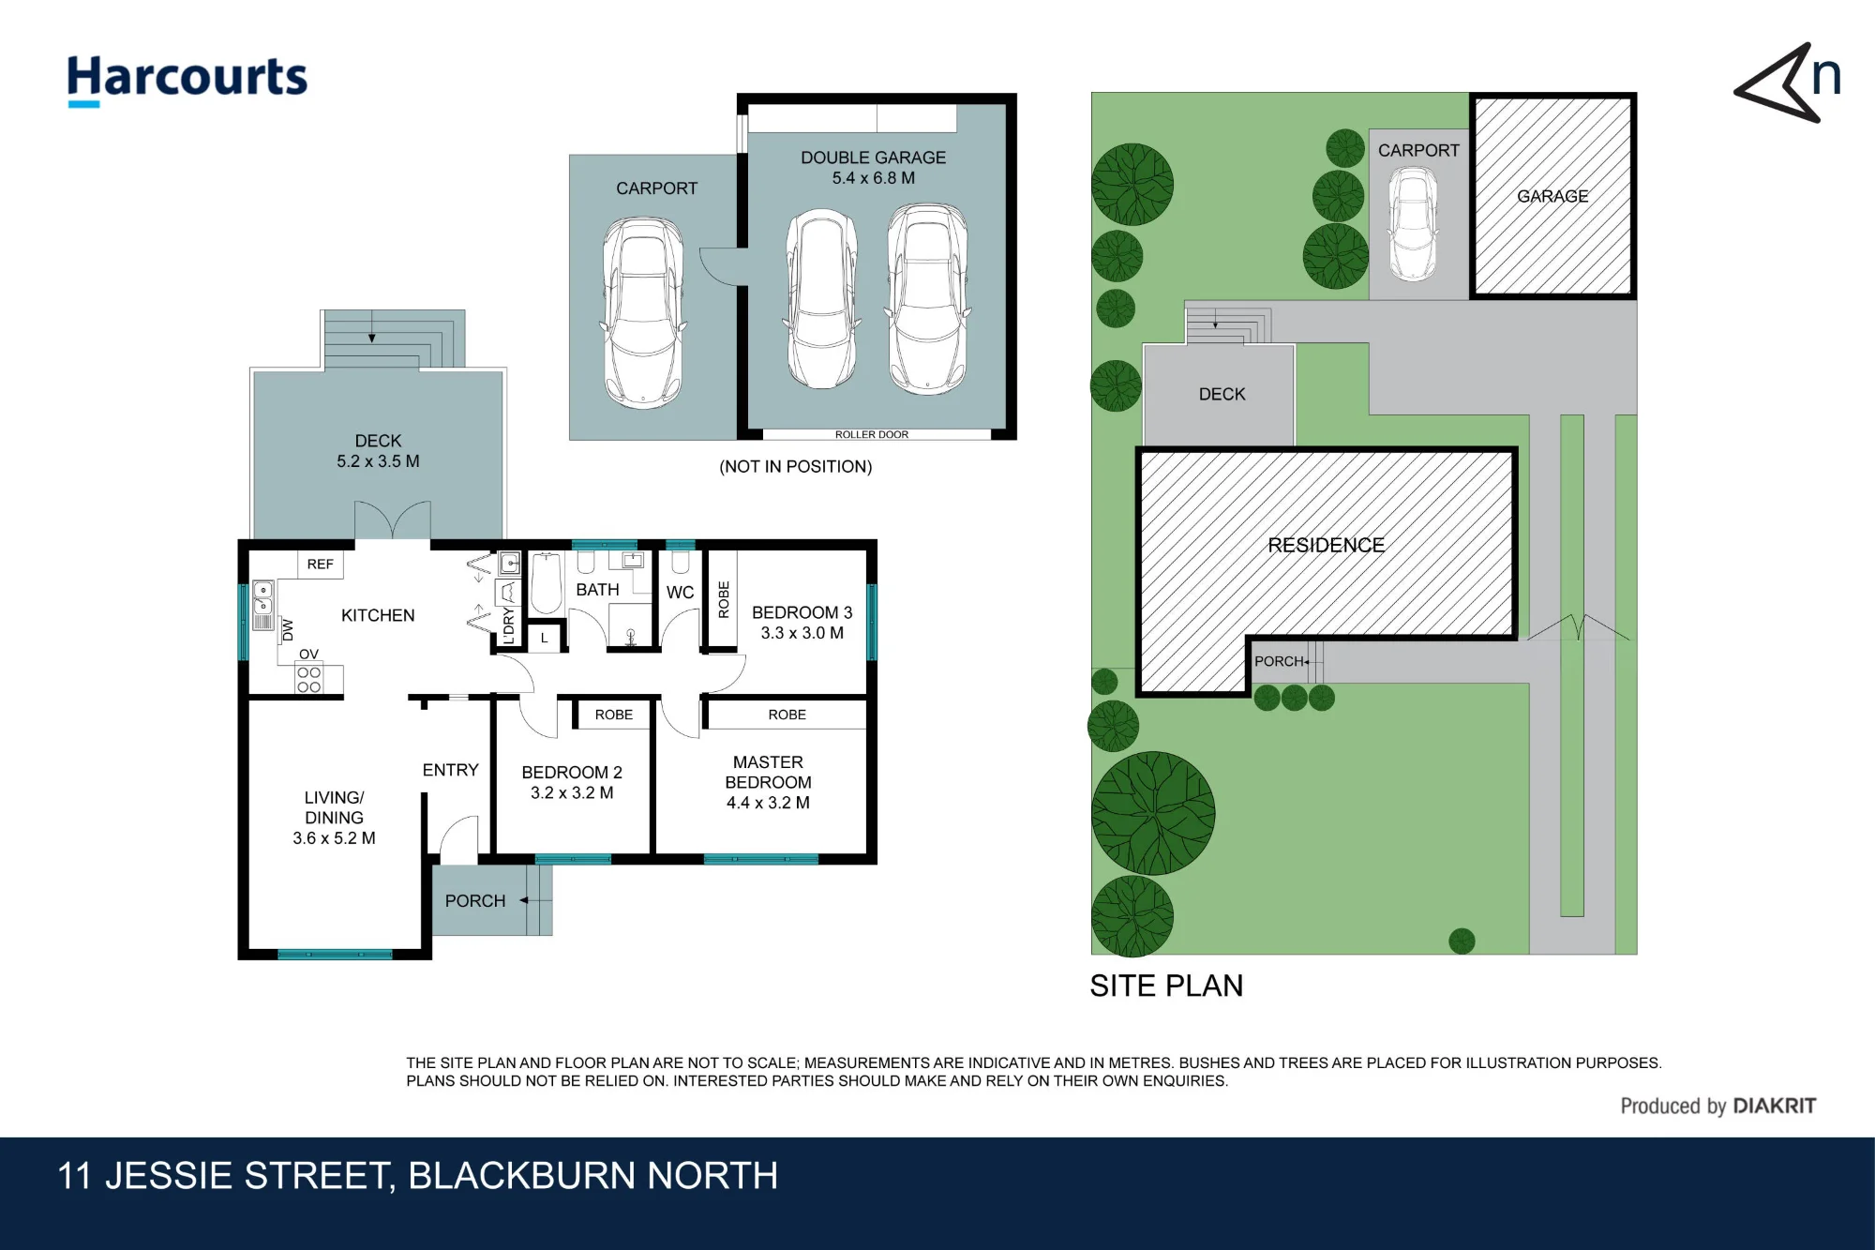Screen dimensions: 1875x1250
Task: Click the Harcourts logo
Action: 187,80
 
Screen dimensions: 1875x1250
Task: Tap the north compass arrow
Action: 1777,84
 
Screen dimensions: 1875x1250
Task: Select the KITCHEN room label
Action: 378,615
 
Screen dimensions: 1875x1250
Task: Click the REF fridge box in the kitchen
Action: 320,565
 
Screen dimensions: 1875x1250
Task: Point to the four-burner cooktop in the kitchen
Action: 308,680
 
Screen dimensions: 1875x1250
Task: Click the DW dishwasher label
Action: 288,630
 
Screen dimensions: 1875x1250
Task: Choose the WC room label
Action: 681,593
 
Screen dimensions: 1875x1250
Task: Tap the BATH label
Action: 597,590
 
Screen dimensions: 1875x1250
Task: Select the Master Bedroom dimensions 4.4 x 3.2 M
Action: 768,803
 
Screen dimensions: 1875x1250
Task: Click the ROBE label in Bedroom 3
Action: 724,600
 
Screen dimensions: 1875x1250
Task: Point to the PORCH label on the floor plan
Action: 475,901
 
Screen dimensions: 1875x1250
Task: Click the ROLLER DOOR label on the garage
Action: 872,435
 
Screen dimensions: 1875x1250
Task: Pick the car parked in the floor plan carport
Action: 643,312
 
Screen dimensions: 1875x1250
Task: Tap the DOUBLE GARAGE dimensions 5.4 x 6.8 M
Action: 874,178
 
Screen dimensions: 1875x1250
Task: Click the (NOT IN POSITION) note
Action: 796,467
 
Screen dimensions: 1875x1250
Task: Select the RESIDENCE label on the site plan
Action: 1326,546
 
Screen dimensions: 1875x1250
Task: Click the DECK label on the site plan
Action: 1222,395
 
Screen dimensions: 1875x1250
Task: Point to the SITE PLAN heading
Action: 1166,986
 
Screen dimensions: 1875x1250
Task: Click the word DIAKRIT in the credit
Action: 1775,1107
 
